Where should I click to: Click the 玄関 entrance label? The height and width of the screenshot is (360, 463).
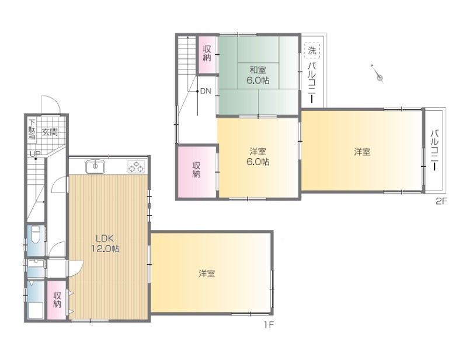49,132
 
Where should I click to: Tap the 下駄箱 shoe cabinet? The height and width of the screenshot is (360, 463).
32,130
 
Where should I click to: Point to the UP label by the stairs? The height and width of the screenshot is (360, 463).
35,154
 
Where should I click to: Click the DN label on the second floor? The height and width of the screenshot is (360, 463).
206,91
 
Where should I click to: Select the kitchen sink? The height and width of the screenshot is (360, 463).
95,167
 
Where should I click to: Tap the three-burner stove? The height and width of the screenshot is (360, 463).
136,167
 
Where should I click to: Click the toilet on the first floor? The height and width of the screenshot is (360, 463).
36,235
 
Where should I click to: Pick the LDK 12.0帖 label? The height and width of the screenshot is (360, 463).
105,243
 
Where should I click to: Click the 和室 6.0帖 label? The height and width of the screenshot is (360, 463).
258,75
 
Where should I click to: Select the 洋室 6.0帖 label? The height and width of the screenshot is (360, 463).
258,157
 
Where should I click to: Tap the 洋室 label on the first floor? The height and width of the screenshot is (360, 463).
207,274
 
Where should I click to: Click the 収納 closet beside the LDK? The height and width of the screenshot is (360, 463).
57,300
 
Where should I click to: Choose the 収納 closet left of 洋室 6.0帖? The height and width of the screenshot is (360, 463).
197,172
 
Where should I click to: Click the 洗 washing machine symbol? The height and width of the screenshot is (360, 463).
312,50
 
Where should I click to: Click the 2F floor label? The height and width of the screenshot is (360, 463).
441,201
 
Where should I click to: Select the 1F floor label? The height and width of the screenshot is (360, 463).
269,325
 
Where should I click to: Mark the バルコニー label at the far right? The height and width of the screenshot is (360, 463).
434,150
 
